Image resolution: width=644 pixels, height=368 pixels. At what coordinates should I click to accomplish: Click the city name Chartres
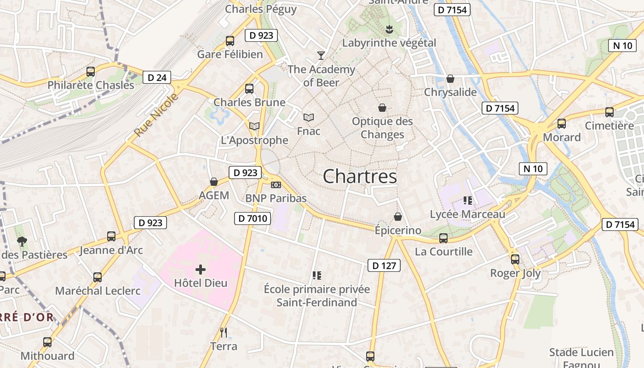(360, 177)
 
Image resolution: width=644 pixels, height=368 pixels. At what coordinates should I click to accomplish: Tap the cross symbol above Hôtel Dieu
(201, 270)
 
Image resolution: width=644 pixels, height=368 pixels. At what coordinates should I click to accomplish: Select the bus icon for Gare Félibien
(230, 41)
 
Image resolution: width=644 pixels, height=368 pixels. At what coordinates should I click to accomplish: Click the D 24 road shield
(157, 77)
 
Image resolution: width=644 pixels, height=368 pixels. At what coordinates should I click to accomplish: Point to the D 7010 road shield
(253, 218)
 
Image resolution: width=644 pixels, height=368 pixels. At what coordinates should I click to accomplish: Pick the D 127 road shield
(384, 265)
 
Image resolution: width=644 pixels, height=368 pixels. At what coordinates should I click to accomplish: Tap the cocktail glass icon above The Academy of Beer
(321, 56)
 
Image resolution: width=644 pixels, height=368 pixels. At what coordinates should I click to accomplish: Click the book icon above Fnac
(308, 118)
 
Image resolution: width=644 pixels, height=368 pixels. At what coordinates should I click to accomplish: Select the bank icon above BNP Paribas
(276, 185)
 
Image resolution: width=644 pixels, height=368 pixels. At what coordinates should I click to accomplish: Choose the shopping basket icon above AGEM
(213, 182)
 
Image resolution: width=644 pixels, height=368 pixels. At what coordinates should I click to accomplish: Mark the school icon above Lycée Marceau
(468, 201)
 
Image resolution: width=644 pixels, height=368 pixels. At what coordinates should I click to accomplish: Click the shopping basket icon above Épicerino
(398, 216)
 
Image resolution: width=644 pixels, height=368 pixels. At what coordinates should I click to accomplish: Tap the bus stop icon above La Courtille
(443, 238)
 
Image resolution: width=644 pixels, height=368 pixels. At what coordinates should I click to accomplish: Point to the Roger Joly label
(515, 273)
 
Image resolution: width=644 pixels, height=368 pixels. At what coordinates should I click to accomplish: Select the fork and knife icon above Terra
(224, 332)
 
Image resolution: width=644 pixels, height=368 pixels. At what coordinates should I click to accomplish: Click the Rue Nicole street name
(156, 115)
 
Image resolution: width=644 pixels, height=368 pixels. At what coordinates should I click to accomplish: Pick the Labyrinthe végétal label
(389, 43)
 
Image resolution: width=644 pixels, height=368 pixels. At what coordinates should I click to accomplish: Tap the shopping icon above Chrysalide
(450, 79)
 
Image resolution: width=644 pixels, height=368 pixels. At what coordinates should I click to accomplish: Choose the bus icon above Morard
(561, 124)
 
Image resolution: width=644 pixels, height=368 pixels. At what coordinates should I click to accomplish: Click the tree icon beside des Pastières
(22, 241)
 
